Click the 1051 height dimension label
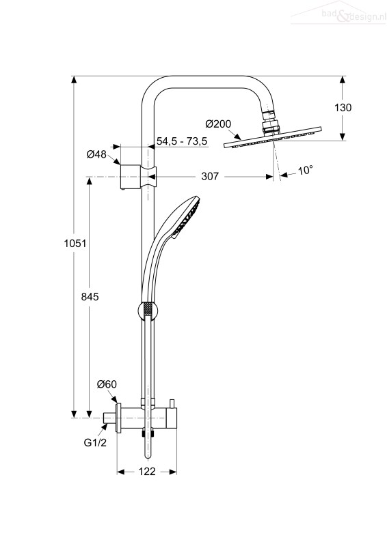(75, 243)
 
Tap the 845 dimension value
(90, 296)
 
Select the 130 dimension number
(343, 108)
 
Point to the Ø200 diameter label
(218, 124)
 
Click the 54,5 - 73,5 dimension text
(182, 141)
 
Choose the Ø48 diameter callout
(96, 154)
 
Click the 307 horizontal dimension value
(210, 176)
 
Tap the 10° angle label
(305, 170)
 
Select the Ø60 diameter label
(107, 384)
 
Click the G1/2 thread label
(95, 442)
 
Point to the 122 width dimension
(147, 471)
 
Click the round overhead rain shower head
(272, 138)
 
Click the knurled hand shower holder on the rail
(148, 311)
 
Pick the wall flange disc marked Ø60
(119, 418)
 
